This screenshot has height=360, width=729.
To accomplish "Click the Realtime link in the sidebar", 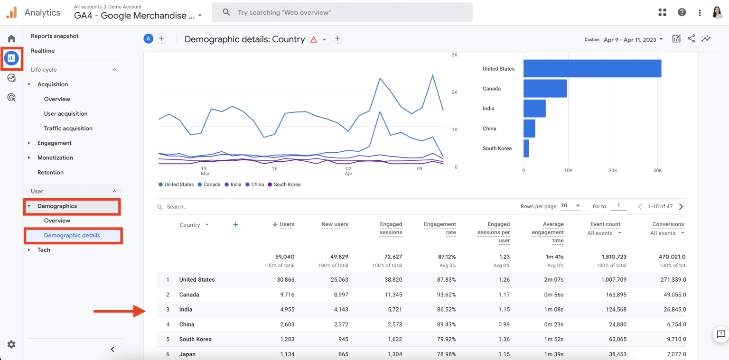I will point(43,51).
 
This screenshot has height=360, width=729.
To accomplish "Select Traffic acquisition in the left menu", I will point(68,129).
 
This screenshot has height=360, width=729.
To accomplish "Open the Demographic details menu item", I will point(72,235).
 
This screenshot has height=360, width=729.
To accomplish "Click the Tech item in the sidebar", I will point(44,250).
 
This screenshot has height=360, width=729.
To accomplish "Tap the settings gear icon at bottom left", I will point(11,344).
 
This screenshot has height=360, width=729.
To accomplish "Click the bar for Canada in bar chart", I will point(545,89).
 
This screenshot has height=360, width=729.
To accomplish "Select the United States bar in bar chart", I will point(592,69).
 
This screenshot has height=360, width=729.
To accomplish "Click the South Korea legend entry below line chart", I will point(287,185).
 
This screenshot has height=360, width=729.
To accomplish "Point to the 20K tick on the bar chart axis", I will point(613,170).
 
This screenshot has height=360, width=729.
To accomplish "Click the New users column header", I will point(335,224).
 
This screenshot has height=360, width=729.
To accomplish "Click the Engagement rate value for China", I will point(446,324).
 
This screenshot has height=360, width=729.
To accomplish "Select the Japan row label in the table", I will point(187,354).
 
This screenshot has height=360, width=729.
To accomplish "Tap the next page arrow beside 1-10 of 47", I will point(681,207).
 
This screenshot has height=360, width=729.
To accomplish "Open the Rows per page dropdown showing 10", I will point(571,206).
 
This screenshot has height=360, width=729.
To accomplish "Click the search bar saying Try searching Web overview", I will point(342,12).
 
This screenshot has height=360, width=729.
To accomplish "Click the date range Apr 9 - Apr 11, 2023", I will point(633,39).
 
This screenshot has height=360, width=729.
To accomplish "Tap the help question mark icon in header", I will point(682,12).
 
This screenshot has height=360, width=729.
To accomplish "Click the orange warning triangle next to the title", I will point(314,39).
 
